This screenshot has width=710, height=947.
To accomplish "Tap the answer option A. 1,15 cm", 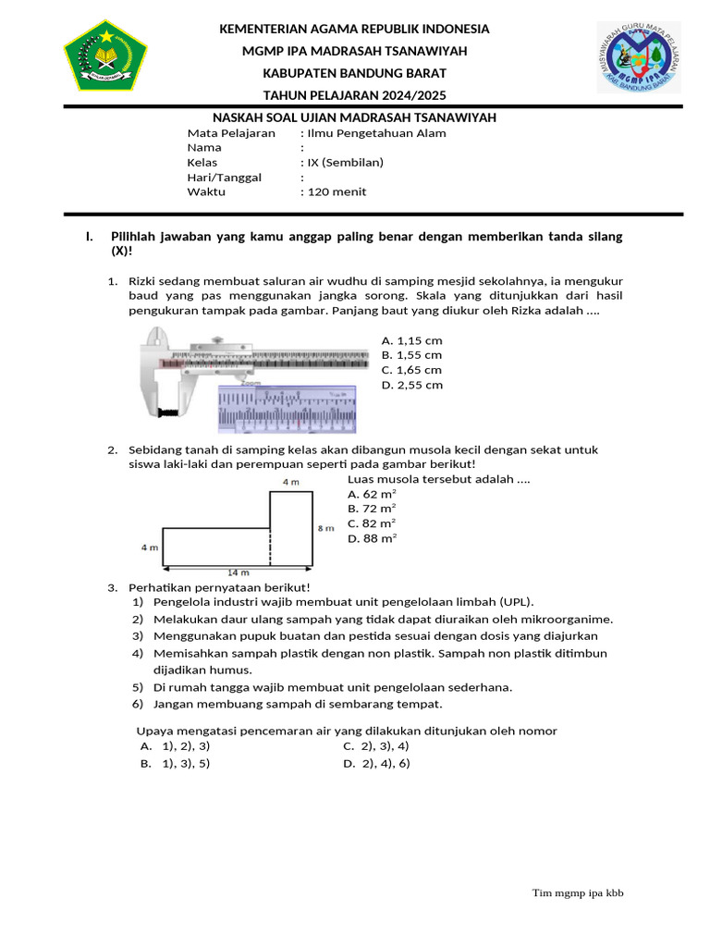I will pyautogui.click(x=411, y=340).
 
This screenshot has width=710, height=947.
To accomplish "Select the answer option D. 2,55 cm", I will pyautogui.click(x=411, y=385).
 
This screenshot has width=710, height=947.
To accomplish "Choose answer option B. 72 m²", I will pyautogui.click(x=373, y=508).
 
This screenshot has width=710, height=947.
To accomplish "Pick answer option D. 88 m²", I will pyautogui.click(x=373, y=537).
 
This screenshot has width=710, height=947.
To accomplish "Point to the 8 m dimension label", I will pyautogui.click(x=325, y=528).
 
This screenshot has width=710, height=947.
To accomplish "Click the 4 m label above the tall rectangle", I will pyautogui.click(x=290, y=482).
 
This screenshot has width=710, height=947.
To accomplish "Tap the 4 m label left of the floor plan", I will pyautogui.click(x=149, y=547).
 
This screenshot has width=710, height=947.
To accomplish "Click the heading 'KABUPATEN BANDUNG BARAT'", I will pyautogui.click(x=354, y=72).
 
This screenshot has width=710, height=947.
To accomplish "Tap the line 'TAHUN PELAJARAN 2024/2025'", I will pyautogui.click(x=354, y=94).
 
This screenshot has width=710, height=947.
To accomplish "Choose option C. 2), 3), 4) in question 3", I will pyautogui.click(x=376, y=745).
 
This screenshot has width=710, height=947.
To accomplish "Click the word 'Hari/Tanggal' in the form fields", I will pyautogui.click(x=224, y=177).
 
